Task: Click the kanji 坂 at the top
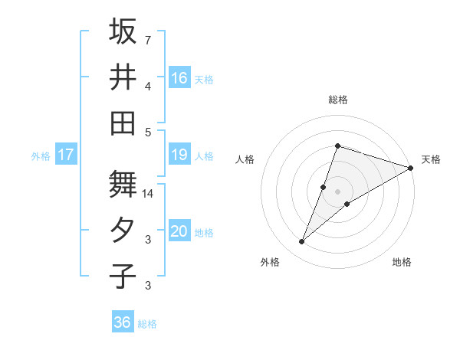123,32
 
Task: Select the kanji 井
123,77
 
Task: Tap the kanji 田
123,123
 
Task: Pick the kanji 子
123,277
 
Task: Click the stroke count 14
149,194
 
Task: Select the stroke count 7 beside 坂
147,39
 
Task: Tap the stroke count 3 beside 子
147,286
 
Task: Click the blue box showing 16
179,77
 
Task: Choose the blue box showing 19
179,155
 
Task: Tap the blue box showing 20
179,231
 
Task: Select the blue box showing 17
65,155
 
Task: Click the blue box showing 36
122,322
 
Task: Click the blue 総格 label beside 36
147,324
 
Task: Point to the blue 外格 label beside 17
41,156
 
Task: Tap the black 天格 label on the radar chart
431,159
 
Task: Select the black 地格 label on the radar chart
402,262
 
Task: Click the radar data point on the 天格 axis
410,168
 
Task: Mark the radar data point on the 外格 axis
302,242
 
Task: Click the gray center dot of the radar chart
337,191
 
